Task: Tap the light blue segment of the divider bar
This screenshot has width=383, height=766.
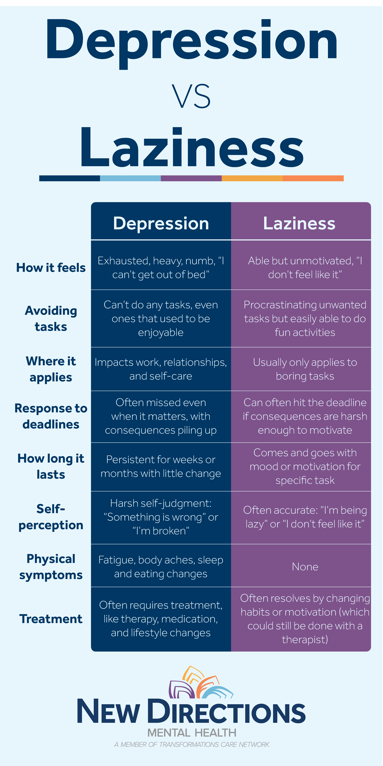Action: pyautogui.click(x=131, y=178)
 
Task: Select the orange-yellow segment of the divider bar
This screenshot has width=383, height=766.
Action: pyautogui.click(x=252, y=178)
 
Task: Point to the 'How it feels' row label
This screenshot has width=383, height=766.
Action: pyautogui.click(x=51, y=268)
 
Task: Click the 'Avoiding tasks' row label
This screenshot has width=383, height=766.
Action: pyautogui.click(x=51, y=319)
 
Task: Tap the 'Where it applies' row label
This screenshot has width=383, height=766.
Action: pyautogui.click(x=51, y=369)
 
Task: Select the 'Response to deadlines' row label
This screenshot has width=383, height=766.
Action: pyautogui.click(x=51, y=416)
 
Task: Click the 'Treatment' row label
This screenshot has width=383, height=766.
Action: pyautogui.click(x=51, y=619)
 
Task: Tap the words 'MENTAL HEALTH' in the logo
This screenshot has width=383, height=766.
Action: pyautogui.click(x=192, y=733)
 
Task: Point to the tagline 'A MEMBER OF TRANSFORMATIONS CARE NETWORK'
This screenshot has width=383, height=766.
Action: pyautogui.click(x=192, y=745)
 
